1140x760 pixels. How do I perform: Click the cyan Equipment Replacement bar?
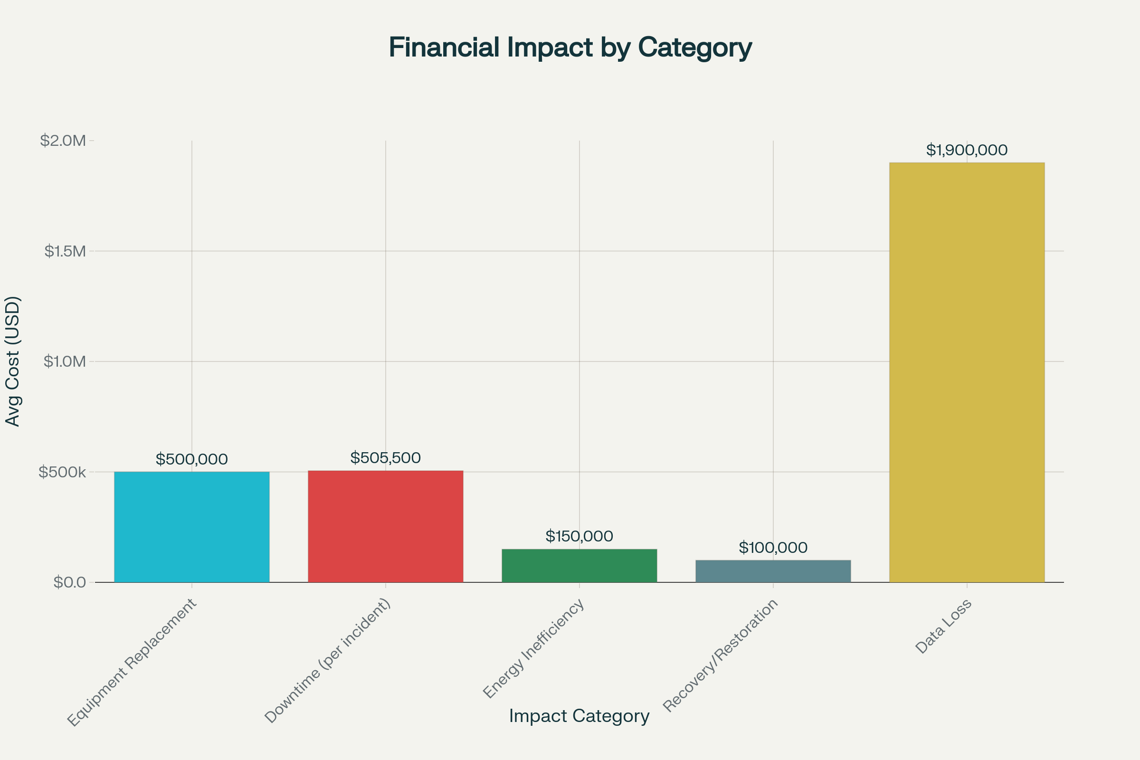tap(191, 527)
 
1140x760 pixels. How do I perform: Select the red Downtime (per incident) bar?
tap(385, 526)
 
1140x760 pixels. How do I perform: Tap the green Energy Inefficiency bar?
tap(579, 566)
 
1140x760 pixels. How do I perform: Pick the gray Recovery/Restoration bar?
tap(773, 571)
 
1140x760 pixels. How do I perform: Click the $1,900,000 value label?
tap(967, 150)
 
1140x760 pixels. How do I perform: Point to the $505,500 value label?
tap(385, 458)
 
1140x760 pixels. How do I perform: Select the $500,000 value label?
tap(191, 459)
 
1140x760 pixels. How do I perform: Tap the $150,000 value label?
tap(579, 536)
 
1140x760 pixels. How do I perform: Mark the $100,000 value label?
tap(773, 548)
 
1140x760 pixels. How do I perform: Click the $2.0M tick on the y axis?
tap(63, 141)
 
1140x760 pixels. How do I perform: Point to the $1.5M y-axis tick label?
tap(65, 251)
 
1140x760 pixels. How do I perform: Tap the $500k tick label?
tap(62, 472)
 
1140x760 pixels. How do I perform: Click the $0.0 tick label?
tap(69, 582)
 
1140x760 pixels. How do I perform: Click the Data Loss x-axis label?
tap(943, 626)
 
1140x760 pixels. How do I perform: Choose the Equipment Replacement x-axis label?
tap(132, 663)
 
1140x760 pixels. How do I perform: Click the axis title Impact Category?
tap(579, 716)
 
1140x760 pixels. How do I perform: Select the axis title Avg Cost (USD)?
tap(13, 361)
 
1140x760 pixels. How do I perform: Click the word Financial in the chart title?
tap(444, 47)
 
